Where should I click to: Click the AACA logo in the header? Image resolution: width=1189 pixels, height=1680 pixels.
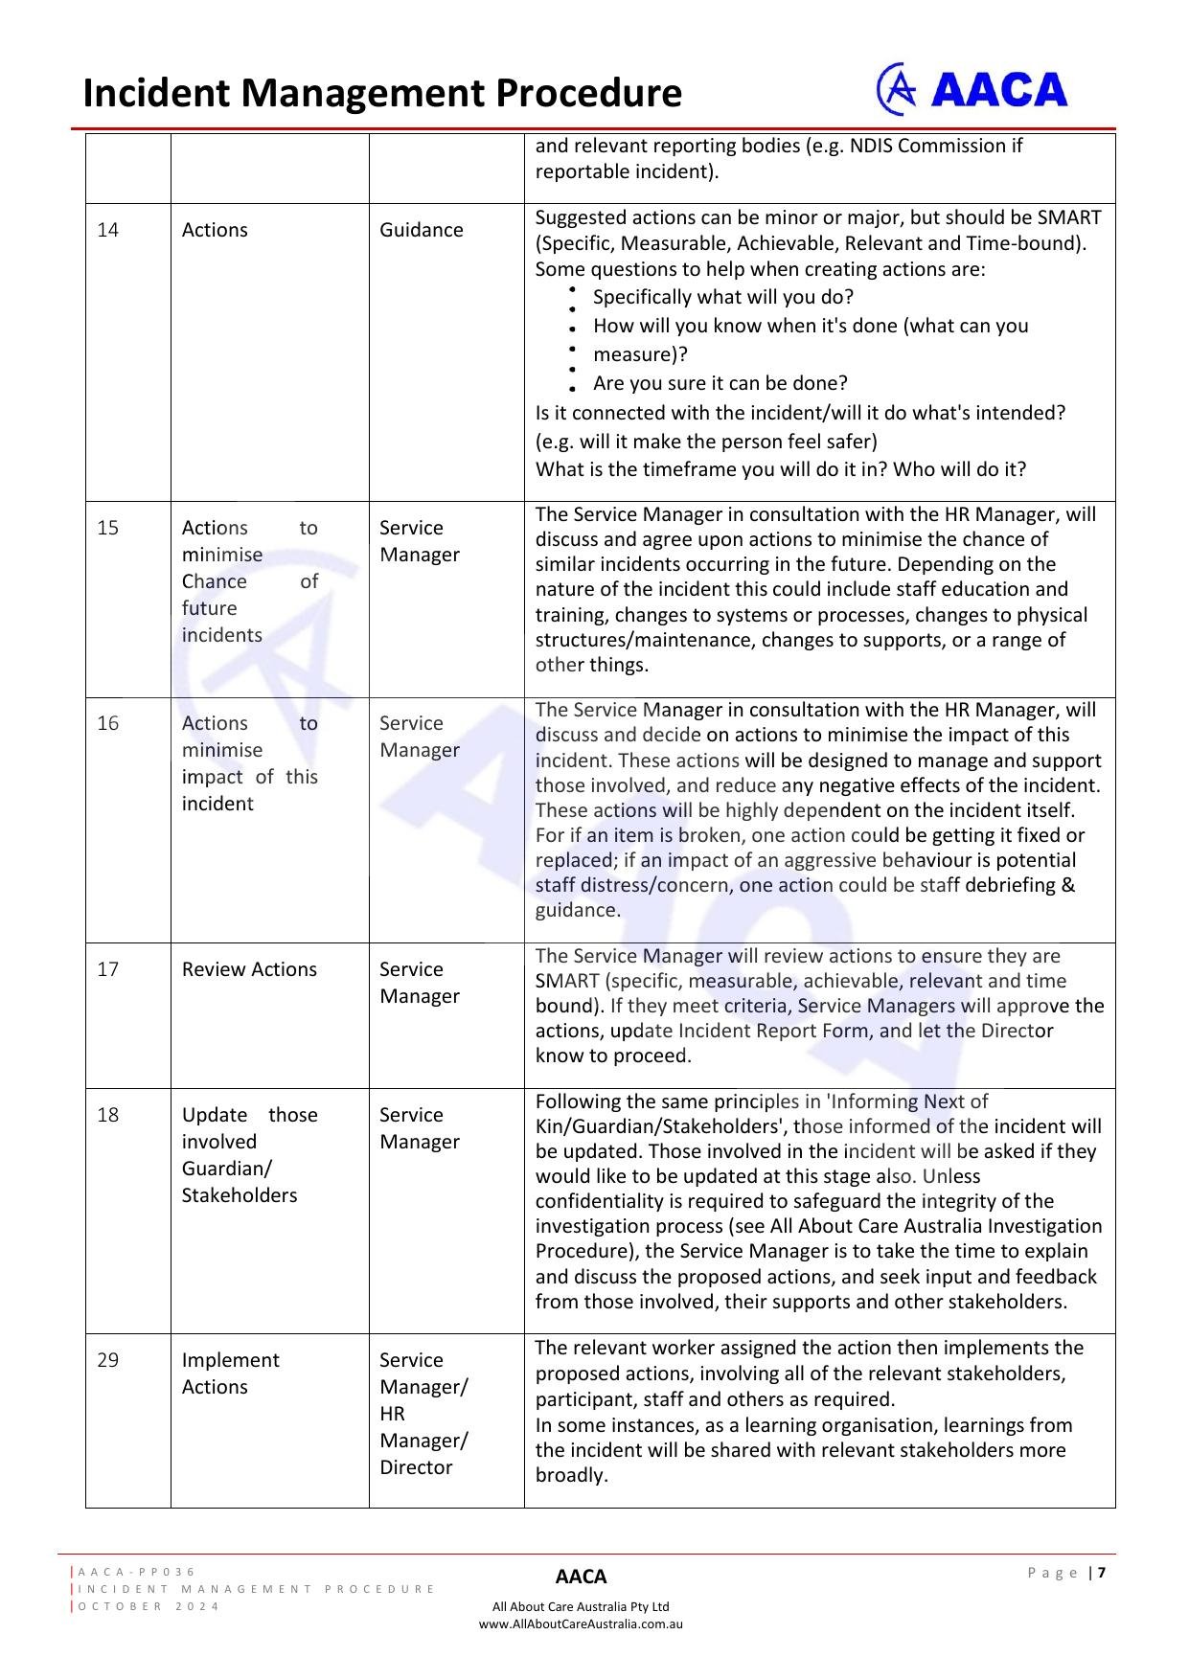coord(972,90)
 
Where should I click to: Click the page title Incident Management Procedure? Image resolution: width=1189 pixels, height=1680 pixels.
coord(382,94)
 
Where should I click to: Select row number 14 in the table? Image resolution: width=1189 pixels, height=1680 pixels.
coord(108,230)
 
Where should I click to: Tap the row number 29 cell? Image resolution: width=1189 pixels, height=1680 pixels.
coord(108,1360)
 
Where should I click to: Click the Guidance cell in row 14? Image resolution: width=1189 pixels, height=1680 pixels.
coord(422,230)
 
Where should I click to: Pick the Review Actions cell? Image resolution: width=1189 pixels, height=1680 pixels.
coord(249,969)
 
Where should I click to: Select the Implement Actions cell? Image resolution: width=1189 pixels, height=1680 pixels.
coord(231,1374)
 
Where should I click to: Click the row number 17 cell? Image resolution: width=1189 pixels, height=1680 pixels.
coord(108,969)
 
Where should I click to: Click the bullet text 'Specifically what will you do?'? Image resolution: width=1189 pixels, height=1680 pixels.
coord(723,297)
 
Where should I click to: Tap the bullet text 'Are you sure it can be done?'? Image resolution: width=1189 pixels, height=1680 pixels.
coord(720,383)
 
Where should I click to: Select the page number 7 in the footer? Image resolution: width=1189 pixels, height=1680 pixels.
coord(1102,1573)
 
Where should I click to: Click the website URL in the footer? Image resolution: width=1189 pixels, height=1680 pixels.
coord(581,1623)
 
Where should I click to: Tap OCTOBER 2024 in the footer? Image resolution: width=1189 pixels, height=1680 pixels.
coord(149,1606)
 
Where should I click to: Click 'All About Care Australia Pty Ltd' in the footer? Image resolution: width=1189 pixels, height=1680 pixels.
coord(581,1606)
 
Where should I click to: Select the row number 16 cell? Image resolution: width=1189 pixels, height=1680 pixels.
coord(108,723)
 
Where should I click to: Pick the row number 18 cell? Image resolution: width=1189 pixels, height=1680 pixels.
coord(108,1115)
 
